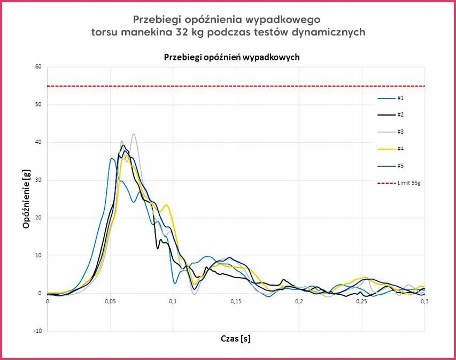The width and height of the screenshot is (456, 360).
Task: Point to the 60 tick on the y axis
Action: point(38,67)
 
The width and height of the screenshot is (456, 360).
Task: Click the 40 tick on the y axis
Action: point(38,142)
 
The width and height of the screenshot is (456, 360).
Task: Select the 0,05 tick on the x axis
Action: point(110,302)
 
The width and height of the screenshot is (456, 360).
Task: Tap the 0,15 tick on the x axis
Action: point(236,302)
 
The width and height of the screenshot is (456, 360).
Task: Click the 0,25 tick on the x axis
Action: point(361,302)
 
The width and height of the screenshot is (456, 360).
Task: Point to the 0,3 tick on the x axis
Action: point(424,302)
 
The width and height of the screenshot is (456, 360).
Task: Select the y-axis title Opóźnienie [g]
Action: point(26,198)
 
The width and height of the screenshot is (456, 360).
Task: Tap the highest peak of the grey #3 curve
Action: point(134,134)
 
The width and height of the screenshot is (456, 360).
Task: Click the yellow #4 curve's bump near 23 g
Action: point(167,205)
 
